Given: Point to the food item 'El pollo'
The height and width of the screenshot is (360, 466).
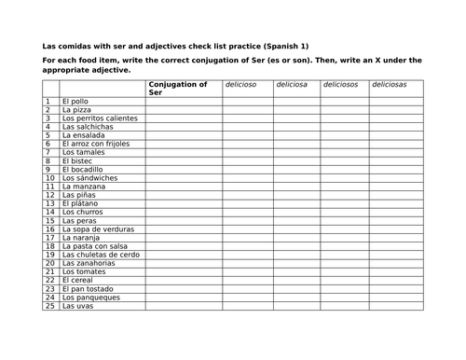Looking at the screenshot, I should pyautogui.click(x=76, y=101).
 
